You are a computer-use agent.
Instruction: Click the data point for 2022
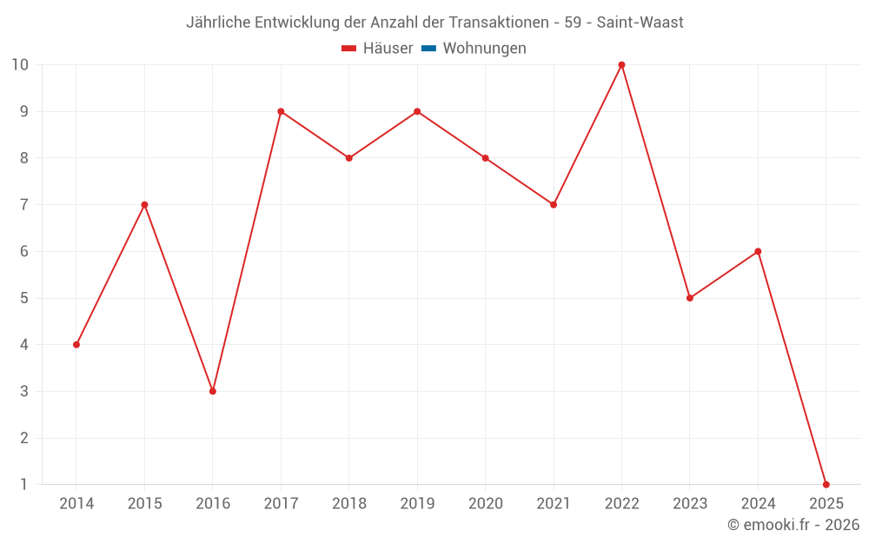[x=621, y=65]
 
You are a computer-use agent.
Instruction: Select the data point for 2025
[x=826, y=484]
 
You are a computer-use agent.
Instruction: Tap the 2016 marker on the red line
[x=213, y=391]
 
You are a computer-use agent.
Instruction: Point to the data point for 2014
[x=76, y=345]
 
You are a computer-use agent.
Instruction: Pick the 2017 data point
[x=281, y=111]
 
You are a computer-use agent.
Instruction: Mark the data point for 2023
[x=690, y=298]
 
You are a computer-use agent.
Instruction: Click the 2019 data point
[x=417, y=111]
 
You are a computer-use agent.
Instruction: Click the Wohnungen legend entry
[x=484, y=49]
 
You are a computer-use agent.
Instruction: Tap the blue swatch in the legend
[x=428, y=49]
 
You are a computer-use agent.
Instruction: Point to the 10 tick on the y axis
[x=19, y=65]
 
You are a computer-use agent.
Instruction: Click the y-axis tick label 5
[x=23, y=298]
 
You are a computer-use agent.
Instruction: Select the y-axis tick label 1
[x=23, y=484]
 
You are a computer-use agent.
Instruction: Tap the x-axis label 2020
[x=485, y=504]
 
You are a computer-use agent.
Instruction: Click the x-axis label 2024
[x=758, y=504]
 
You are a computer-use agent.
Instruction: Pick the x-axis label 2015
[x=144, y=504]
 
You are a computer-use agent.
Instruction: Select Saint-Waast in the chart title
[x=640, y=23]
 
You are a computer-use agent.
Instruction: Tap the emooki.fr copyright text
[x=793, y=525]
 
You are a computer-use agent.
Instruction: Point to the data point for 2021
[x=554, y=205]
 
